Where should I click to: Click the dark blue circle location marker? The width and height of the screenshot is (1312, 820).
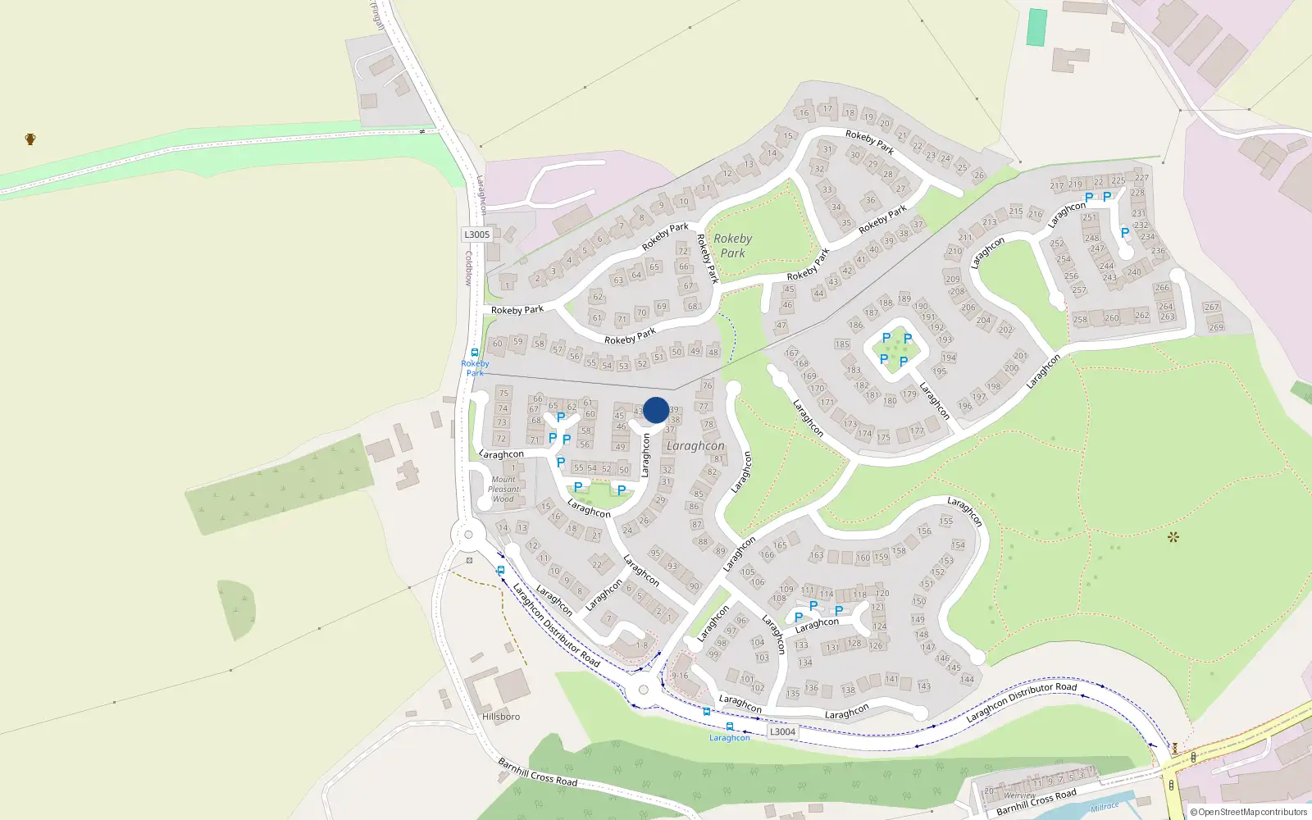[656, 410]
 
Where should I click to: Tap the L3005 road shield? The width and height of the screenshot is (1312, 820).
[476, 235]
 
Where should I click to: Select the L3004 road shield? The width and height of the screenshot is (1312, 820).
[782, 731]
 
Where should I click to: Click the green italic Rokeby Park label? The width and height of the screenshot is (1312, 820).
[732, 245]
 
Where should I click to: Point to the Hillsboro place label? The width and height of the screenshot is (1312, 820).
[501, 717]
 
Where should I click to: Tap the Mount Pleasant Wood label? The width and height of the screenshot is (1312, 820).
[503, 489]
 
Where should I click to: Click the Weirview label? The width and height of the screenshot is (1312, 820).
[1019, 795]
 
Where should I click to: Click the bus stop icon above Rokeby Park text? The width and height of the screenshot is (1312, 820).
[475, 353]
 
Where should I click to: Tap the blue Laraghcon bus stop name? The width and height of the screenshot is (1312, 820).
[730, 738]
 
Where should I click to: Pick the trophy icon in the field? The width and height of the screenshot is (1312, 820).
[30, 139]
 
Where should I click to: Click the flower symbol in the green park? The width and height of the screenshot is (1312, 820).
[1173, 537]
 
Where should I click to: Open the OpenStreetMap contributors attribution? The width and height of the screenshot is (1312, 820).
[1249, 812]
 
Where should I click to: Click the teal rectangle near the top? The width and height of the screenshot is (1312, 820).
[1037, 27]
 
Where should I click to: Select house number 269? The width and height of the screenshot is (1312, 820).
[1216, 327]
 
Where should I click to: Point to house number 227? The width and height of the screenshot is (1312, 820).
[1141, 177]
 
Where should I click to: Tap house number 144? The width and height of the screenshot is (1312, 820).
[968, 679]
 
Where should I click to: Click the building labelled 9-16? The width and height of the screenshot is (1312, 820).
[680, 676]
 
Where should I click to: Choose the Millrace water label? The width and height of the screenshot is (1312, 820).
[1105, 807]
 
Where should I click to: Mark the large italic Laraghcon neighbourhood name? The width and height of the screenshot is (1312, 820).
[695, 446]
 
